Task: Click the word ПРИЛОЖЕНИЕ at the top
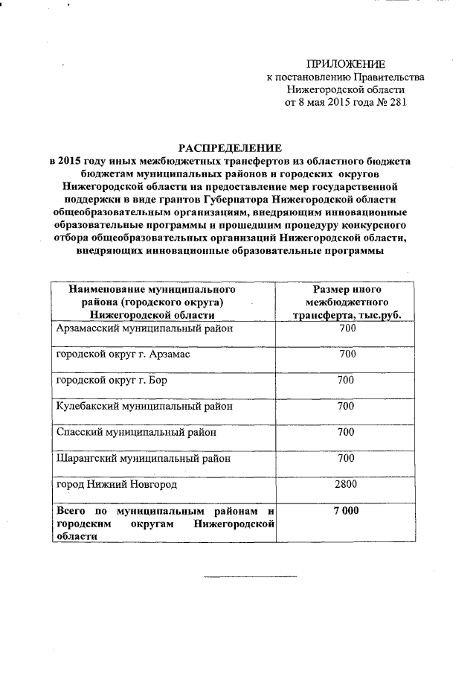pos(346,64)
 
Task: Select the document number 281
pos(398,103)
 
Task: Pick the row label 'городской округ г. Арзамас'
pos(123,355)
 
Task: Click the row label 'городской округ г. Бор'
pos(112,381)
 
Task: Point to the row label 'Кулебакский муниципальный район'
pos(145,407)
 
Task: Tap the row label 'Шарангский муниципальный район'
pos(144,459)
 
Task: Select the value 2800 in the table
pos(346,485)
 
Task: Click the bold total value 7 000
pos(346,511)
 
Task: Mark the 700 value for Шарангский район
pos(346,459)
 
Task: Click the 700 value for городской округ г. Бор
pos(346,381)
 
